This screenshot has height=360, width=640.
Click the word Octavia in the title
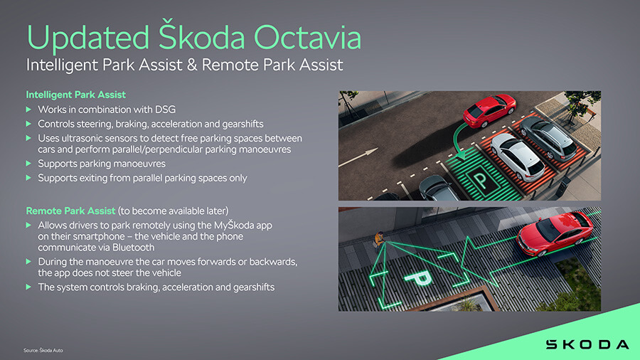[307, 37]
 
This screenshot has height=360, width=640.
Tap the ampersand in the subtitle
[192, 65]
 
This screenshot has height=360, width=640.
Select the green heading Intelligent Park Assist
[76, 95]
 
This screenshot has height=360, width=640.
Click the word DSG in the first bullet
[165, 110]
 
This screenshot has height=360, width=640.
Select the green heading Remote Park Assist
[70, 211]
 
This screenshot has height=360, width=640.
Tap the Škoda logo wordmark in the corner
[587, 344]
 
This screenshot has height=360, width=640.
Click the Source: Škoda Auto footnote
[43, 350]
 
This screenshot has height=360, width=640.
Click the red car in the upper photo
[489, 110]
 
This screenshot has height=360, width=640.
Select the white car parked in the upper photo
[518, 157]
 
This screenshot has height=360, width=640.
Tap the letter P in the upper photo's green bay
[481, 179]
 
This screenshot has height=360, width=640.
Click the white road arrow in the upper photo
[358, 157]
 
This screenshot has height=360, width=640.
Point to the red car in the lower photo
[554, 234]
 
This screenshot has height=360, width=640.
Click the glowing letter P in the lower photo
[418, 278]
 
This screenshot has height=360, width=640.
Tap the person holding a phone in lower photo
[379, 239]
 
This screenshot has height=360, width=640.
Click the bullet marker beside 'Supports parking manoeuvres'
[28, 164]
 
